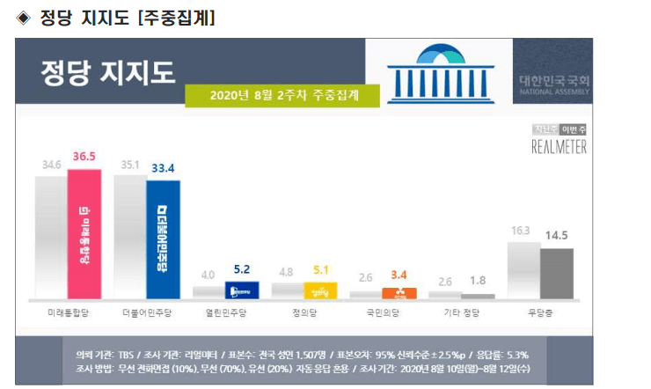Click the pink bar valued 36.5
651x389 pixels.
pyautogui.click(x=84, y=234)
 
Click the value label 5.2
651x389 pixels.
pyautogui.click(x=243, y=270)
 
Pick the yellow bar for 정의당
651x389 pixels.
pyautogui.click(x=321, y=290)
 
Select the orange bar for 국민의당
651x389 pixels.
pyautogui.click(x=399, y=294)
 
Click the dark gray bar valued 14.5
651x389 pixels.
pyautogui.click(x=556, y=274)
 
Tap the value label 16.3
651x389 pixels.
pyautogui.click(x=522, y=230)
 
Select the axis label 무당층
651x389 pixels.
pyautogui.click(x=540, y=312)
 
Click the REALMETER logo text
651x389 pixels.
pyautogui.click(x=559, y=147)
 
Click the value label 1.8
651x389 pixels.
pyautogui.click(x=478, y=281)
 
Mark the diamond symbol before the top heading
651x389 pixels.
pyautogui.click(x=24, y=17)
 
